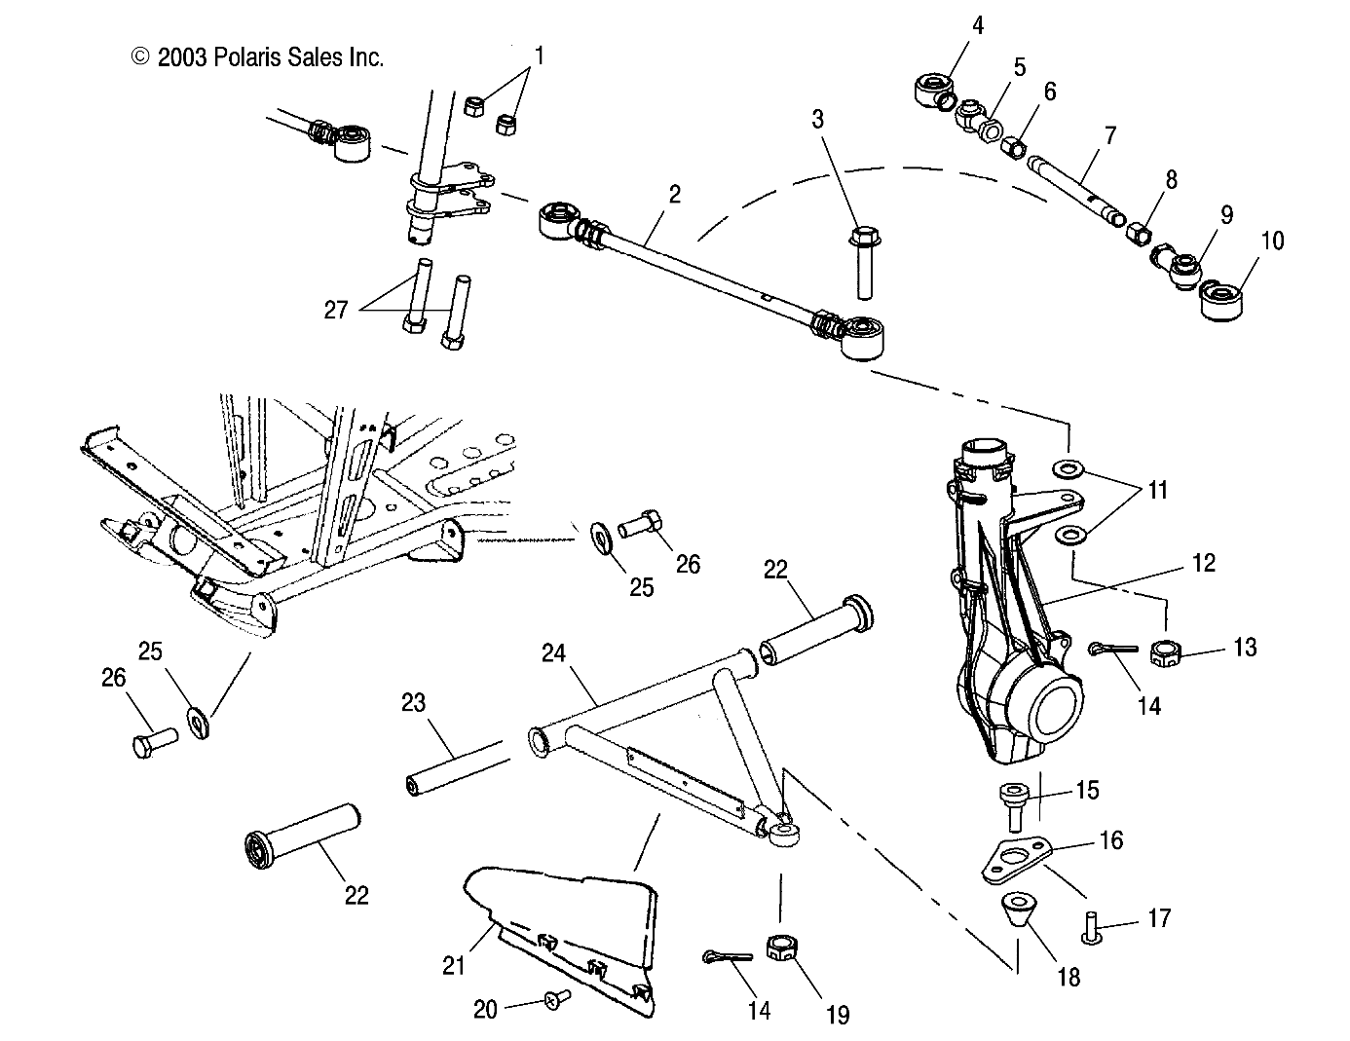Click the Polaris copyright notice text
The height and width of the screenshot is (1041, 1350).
click(258, 57)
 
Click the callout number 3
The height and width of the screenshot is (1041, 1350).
click(817, 119)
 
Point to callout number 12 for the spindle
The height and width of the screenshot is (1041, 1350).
click(1203, 562)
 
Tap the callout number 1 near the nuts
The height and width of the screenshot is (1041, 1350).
click(539, 55)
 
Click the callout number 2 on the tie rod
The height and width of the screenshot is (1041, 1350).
click(674, 194)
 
